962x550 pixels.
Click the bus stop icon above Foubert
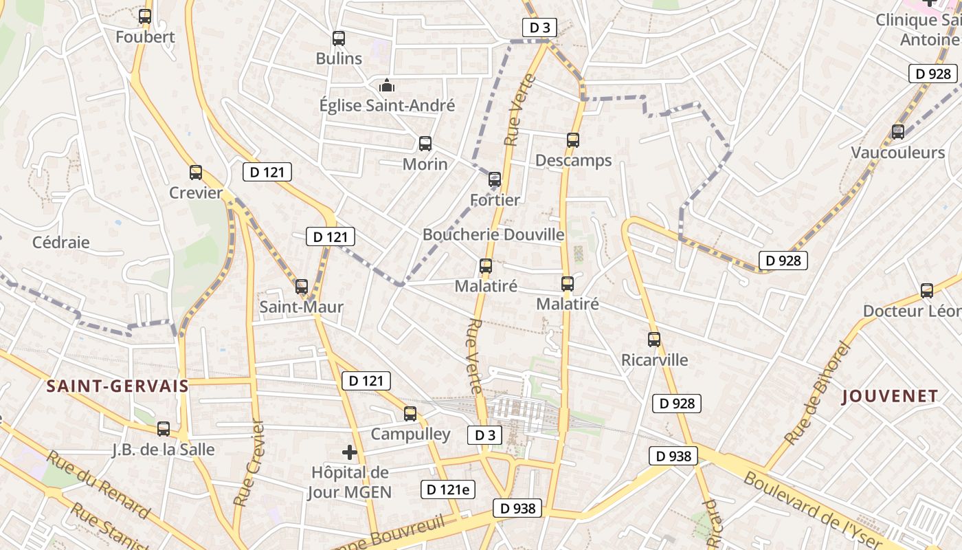pyautogui.click(x=145, y=16)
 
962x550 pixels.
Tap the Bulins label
pyautogui.click(x=339, y=58)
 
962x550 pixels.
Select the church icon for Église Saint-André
pyautogui.click(x=387, y=86)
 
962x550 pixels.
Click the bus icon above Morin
pyautogui.click(x=425, y=144)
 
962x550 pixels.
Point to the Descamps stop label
pyautogui.click(x=573, y=161)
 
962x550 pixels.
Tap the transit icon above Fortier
pyautogui.click(x=495, y=180)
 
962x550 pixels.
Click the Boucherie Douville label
pyautogui.click(x=493, y=234)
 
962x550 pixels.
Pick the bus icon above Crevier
pyautogui.click(x=196, y=173)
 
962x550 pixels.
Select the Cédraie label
pyautogui.click(x=61, y=242)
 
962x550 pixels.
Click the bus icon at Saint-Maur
pyautogui.click(x=302, y=287)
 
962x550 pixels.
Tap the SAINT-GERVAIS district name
pyautogui.click(x=118, y=386)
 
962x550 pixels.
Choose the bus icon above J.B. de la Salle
pyautogui.click(x=164, y=429)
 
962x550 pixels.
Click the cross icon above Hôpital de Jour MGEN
pyautogui.click(x=350, y=452)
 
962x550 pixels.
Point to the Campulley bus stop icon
pyautogui.click(x=410, y=414)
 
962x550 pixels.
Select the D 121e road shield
pyautogui.click(x=448, y=489)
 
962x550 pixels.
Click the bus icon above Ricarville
pyautogui.click(x=654, y=339)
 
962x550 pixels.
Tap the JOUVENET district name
pyautogui.click(x=890, y=396)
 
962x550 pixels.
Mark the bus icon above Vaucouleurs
pyautogui.click(x=898, y=132)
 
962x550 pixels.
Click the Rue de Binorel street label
pyautogui.click(x=817, y=393)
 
